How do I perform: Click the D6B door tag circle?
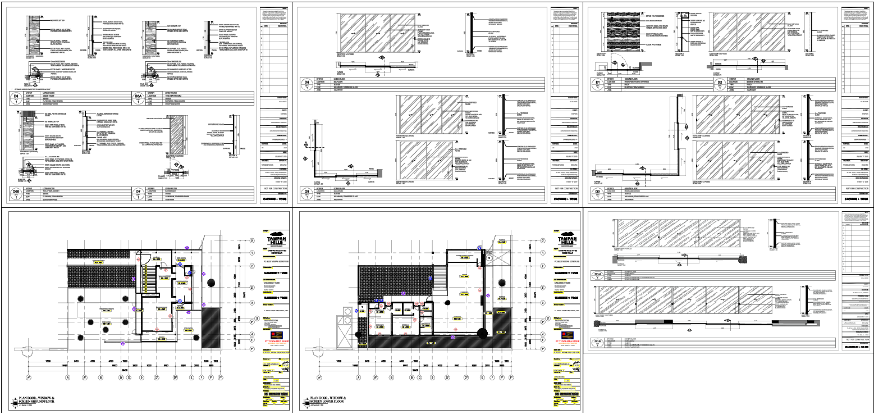pos(16,193)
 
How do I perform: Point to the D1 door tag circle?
pos(598,84)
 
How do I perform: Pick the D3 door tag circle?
pos(598,193)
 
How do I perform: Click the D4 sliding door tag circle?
pos(307,84)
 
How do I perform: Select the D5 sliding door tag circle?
pos(307,193)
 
